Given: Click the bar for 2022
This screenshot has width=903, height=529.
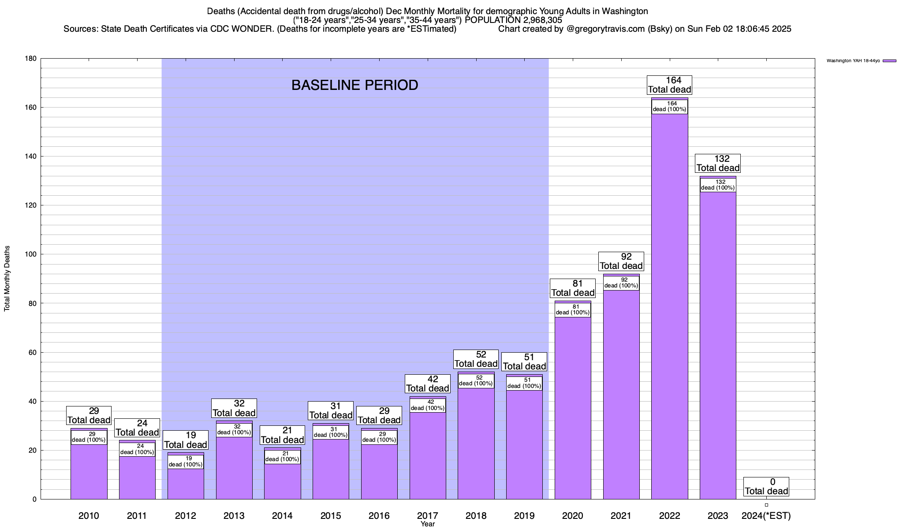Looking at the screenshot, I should [x=669, y=309].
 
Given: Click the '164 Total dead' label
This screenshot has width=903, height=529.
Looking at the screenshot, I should [x=669, y=85].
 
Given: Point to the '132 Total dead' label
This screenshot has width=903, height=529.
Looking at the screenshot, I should [x=718, y=164].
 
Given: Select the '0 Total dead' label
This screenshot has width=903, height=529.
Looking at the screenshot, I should [x=766, y=487].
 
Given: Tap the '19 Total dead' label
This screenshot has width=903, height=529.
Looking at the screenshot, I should [x=185, y=440].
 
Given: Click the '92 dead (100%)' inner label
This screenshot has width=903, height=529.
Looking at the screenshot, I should [x=621, y=283].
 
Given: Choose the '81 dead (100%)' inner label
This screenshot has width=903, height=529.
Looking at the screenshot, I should [x=573, y=310].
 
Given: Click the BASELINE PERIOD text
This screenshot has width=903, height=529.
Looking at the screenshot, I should [x=354, y=85].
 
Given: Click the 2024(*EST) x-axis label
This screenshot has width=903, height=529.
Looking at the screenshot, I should [x=766, y=516].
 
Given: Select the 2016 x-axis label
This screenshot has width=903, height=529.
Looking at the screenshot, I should [x=379, y=516].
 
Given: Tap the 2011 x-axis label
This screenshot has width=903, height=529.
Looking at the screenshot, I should [x=137, y=516].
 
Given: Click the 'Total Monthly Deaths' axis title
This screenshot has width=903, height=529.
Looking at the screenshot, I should [x=7, y=279].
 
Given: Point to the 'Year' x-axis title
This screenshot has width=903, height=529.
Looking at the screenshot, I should [x=427, y=524].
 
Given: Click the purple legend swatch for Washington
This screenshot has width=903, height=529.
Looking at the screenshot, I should [x=889, y=61].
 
